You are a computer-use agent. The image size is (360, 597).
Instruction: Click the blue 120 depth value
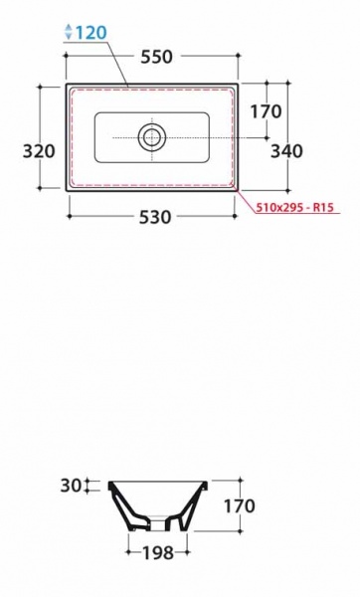[91, 33]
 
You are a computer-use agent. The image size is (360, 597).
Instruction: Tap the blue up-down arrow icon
[69, 32]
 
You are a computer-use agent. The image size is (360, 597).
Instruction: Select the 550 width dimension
[157, 57]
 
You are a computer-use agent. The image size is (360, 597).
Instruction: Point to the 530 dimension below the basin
[155, 217]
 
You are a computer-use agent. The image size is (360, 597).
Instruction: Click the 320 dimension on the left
[39, 151]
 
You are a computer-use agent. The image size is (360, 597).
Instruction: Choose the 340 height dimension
[287, 151]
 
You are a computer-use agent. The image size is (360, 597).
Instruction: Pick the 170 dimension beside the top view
[266, 111]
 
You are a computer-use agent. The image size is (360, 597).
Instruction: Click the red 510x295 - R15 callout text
[295, 208]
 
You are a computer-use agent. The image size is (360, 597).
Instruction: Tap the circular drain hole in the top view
[152, 137]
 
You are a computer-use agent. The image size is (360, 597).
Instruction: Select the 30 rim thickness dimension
[71, 486]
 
